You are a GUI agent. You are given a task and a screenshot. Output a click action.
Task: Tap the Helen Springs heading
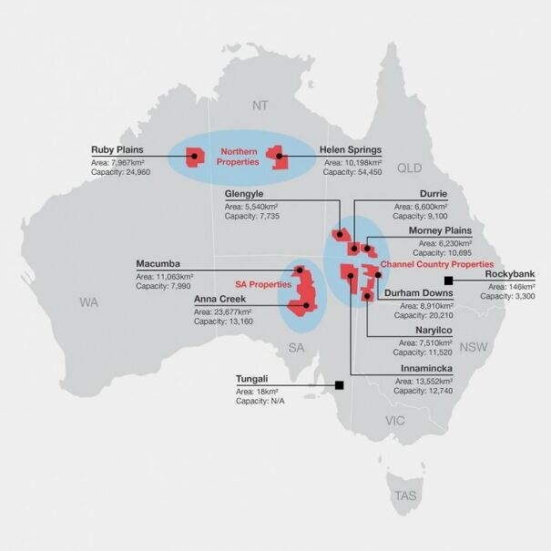point(351,150)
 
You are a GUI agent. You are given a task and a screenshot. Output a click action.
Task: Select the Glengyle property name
point(250,195)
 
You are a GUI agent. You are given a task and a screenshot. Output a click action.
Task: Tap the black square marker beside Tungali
point(340,384)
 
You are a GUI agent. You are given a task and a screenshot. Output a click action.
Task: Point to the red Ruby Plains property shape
point(195,158)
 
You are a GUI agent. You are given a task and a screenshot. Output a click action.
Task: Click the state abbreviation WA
point(88,301)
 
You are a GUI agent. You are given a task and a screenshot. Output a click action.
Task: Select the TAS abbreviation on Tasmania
point(403,495)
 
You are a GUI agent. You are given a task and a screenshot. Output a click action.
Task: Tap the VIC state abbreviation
point(395,421)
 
